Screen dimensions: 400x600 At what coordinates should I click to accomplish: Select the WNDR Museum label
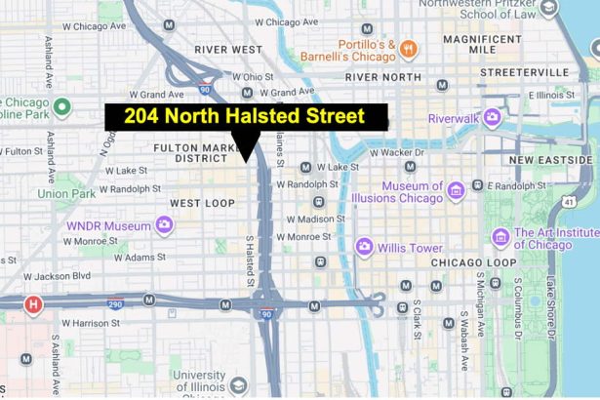click(106, 224)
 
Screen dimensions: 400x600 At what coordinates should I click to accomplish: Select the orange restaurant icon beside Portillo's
click(410, 48)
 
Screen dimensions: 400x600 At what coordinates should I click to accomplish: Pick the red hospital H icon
click(34, 304)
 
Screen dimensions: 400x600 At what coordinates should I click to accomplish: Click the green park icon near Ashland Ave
click(62, 105)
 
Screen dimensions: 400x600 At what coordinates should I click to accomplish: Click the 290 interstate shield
click(115, 303)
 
